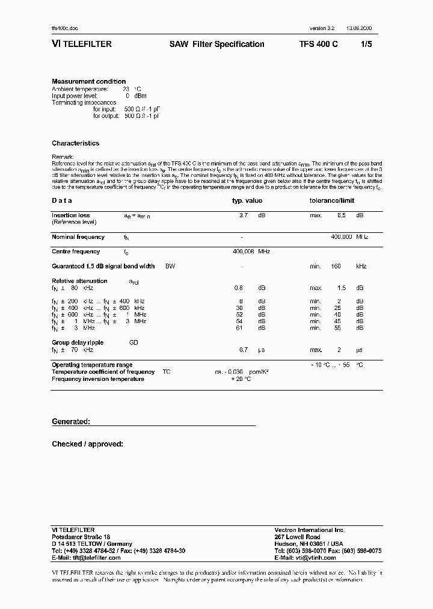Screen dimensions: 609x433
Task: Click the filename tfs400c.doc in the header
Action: click(65, 29)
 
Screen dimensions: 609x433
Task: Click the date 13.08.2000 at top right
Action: click(358, 29)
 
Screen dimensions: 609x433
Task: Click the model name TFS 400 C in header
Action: click(319, 44)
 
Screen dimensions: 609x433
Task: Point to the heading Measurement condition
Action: click(89, 81)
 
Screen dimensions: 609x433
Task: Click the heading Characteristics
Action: click(76, 143)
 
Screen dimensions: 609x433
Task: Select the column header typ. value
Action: click(247, 201)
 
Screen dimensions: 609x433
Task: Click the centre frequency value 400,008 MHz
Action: click(251, 252)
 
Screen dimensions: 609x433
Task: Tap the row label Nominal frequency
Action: click(78, 237)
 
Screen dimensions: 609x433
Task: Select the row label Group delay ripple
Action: click(78, 342)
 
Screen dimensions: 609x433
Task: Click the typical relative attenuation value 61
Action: click(241, 329)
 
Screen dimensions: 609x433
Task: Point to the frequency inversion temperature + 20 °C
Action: click(241, 379)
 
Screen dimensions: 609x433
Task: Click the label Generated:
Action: click(71, 422)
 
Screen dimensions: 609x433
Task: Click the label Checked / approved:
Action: click(88, 444)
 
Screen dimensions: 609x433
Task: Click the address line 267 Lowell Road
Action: click(297, 537)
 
